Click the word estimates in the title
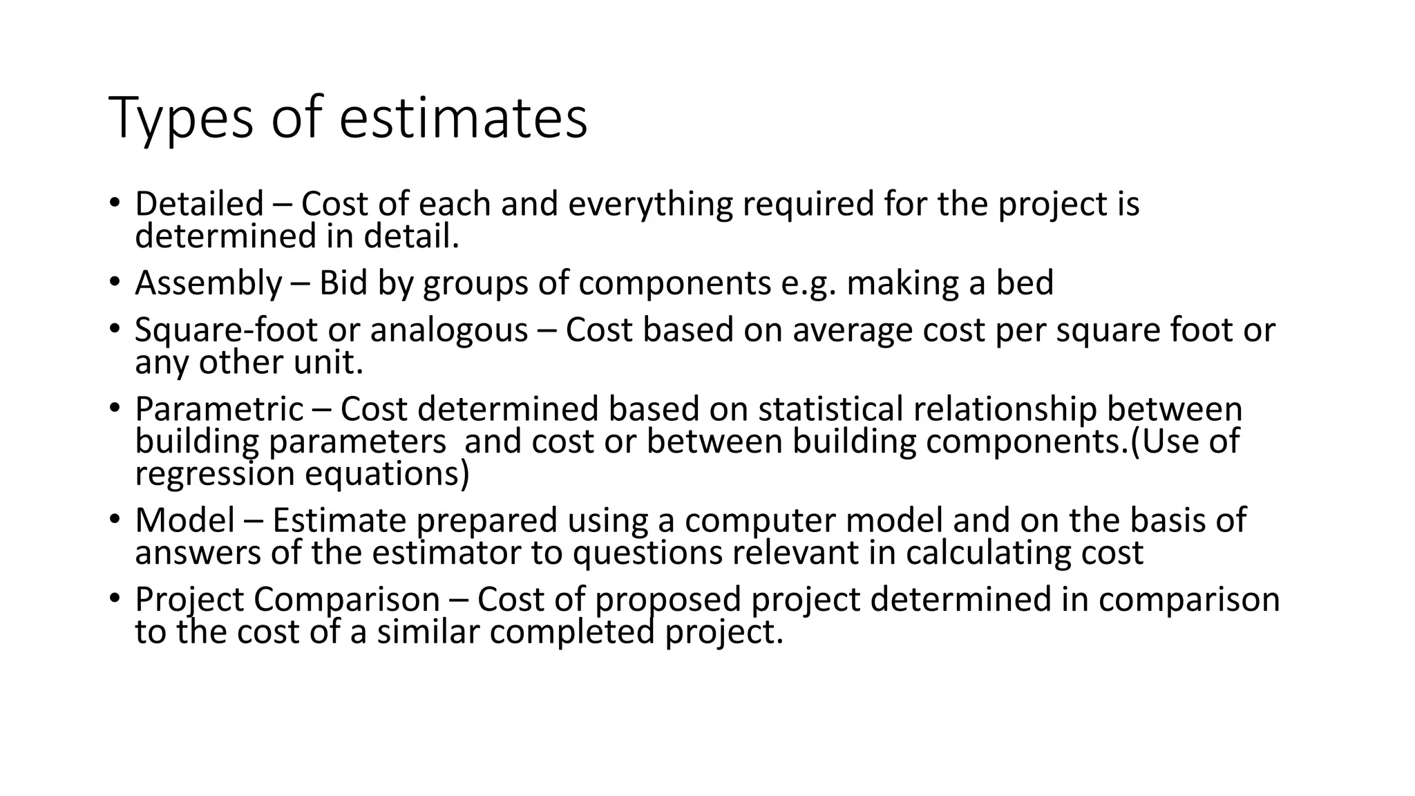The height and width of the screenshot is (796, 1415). pyautogui.click(x=463, y=118)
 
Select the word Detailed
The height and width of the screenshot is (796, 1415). pyautogui.click(x=199, y=204)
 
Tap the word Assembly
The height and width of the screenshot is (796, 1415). pyautogui.click(x=209, y=283)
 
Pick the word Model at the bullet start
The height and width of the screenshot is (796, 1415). pyautogui.click(x=184, y=520)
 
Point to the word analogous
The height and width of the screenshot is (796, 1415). pyautogui.click(x=448, y=330)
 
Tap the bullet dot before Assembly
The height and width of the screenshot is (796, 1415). pyautogui.click(x=114, y=283)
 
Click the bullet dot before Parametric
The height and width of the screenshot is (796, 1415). pyautogui.click(x=114, y=408)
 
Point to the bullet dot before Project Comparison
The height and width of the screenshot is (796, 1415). pyautogui.click(x=114, y=599)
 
